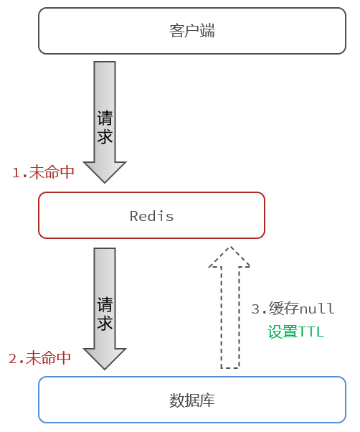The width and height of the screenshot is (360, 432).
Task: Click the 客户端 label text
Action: point(192,31)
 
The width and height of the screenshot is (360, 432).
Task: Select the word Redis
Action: point(151,216)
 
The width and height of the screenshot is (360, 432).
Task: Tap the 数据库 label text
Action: point(192,400)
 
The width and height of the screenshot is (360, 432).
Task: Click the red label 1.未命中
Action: point(43,172)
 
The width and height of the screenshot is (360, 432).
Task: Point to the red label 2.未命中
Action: point(40,358)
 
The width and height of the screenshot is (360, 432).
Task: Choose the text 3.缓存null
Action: point(293,309)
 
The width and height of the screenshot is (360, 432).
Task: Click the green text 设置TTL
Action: point(295,332)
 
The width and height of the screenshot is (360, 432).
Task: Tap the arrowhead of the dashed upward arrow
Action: point(229,257)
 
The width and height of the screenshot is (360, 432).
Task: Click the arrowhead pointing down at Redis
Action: point(105,172)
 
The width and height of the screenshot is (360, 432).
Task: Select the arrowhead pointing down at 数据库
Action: point(105,359)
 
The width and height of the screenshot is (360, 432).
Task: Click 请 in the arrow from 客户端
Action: point(105,118)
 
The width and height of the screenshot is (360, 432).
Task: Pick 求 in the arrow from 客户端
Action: point(105,136)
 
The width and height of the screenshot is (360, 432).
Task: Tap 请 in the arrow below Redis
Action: point(105,304)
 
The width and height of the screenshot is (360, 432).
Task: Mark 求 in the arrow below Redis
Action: point(105,322)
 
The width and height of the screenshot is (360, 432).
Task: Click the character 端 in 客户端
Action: point(207,31)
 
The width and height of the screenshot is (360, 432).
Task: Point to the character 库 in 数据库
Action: point(207,400)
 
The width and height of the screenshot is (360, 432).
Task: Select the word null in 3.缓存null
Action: point(317,309)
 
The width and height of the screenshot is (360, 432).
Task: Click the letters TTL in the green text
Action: point(311,332)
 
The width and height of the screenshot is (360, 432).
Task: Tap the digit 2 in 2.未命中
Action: point(13,358)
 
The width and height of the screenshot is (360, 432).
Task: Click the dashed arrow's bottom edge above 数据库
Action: point(229,368)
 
